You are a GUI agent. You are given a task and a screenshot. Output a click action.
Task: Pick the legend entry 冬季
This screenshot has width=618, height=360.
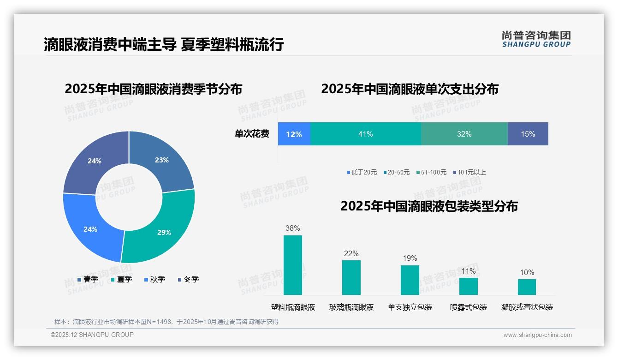(188, 280)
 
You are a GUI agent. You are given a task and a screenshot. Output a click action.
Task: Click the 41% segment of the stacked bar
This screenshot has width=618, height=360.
(365, 134)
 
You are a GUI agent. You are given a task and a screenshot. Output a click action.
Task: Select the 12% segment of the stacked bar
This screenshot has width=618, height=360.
(294, 134)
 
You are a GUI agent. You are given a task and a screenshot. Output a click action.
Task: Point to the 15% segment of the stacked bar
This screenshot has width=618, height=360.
(528, 134)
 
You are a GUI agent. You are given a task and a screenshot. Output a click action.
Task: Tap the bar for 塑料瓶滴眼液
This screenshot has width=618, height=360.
(292, 265)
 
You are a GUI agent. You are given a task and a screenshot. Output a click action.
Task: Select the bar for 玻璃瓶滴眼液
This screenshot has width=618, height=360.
(351, 277)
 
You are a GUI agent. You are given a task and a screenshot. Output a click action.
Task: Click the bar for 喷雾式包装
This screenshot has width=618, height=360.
(468, 286)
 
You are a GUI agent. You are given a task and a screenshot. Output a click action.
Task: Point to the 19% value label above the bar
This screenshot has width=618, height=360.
(410, 258)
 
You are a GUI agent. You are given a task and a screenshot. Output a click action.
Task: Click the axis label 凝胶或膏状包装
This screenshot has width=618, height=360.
(527, 307)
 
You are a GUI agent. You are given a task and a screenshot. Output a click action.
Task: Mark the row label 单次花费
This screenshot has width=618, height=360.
(252, 134)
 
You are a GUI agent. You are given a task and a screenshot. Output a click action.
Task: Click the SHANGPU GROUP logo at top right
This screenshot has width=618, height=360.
(536, 39)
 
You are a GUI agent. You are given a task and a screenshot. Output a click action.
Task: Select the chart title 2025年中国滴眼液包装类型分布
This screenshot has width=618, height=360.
(429, 206)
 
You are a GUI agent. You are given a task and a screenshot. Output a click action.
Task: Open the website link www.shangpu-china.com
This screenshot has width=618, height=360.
(537, 335)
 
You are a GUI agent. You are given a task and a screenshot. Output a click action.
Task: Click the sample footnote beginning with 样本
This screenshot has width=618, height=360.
(166, 322)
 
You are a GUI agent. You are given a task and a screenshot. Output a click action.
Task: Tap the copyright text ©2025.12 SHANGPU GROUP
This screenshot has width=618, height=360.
(92, 335)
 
